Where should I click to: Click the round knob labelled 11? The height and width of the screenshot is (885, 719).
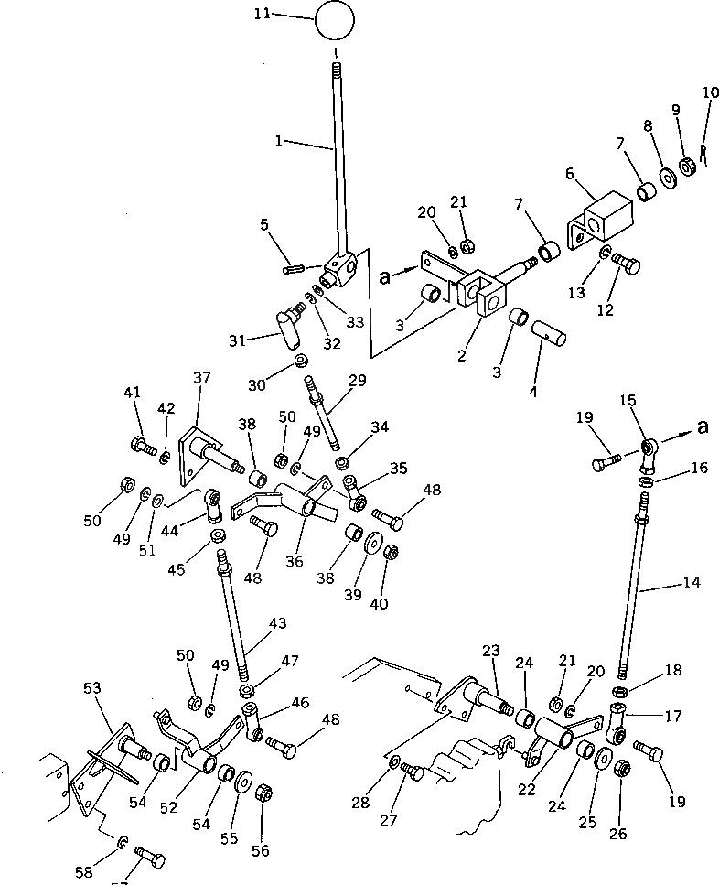[335, 19]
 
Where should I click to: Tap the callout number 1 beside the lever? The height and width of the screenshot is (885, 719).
[279, 142]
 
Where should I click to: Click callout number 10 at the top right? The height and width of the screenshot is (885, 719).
[711, 92]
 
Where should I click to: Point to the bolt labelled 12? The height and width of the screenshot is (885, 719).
[627, 264]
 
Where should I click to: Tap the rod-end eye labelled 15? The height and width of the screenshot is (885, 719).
[649, 447]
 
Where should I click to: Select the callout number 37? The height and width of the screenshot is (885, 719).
[201, 377]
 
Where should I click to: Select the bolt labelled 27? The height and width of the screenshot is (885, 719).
[413, 773]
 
